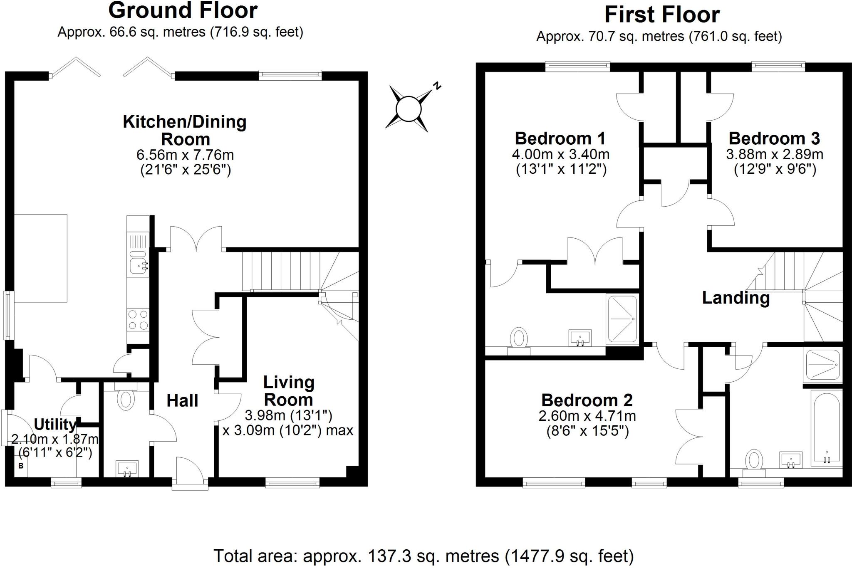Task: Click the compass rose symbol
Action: [409, 109]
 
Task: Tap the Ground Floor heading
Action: [183, 10]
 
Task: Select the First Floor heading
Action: [662, 15]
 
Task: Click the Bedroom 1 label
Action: [560, 138]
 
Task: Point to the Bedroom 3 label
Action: [774, 138]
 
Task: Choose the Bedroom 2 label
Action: [587, 400]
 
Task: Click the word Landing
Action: [736, 298]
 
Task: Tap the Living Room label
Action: [288, 391]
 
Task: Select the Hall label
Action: [182, 400]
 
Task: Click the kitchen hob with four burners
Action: [138, 320]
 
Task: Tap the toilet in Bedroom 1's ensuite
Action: [519, 338]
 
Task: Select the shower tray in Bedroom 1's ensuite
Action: [622, 319]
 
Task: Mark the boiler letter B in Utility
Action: [21, 466]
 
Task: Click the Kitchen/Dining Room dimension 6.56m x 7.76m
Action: [185, 155]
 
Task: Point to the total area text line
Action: [424, 556]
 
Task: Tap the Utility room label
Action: [54, 425]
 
